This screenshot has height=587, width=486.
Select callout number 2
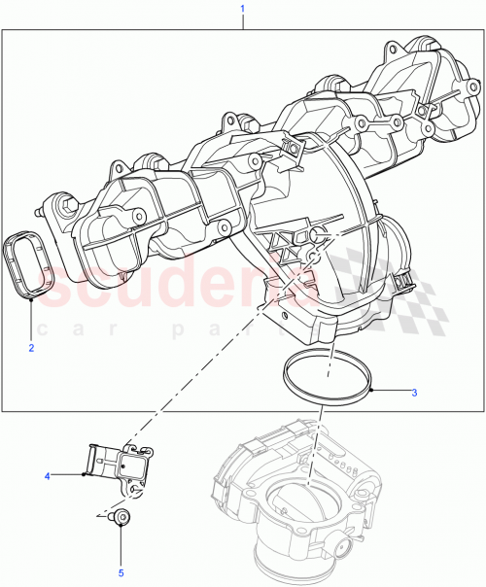[31, 347]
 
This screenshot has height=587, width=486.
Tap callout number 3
[414, 393]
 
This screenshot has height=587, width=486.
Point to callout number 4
[46, 476]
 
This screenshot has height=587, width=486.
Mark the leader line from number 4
[68, 475]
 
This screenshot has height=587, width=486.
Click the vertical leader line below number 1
[242, 21]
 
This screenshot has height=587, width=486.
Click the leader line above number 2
[31, 321]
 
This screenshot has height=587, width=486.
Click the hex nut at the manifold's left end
[66, 205]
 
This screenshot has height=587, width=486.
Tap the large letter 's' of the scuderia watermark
[72, 287]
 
